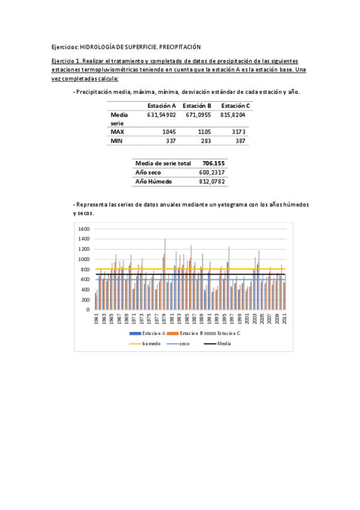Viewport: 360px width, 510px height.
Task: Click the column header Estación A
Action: click(162, 106)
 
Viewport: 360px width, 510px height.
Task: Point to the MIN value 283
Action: click(205, 140)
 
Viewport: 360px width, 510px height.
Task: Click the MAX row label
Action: click(117, 131)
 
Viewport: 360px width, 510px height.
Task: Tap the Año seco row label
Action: click(148, 172)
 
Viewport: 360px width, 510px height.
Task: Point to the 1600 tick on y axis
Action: click(84, 229)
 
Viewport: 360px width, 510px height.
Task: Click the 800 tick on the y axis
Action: click(85, 269)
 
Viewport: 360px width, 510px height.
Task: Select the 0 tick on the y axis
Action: click(88, 310)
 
